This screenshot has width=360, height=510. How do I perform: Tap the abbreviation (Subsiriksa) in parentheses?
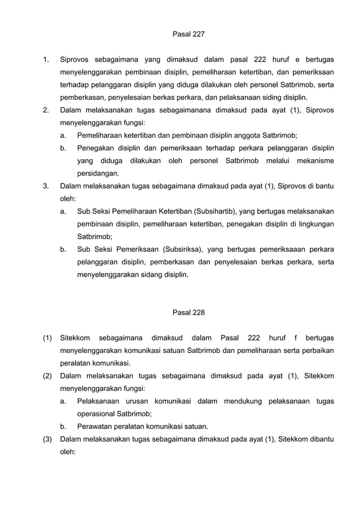click(185, 249)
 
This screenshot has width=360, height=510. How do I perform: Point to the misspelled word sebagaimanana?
click(187, 110)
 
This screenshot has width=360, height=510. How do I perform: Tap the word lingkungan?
click(313, 225)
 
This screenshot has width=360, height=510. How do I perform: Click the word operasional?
click(98, 413)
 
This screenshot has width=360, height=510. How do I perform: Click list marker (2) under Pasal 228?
click(48, 376)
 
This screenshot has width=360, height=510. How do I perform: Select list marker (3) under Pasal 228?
click(48, 439)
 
